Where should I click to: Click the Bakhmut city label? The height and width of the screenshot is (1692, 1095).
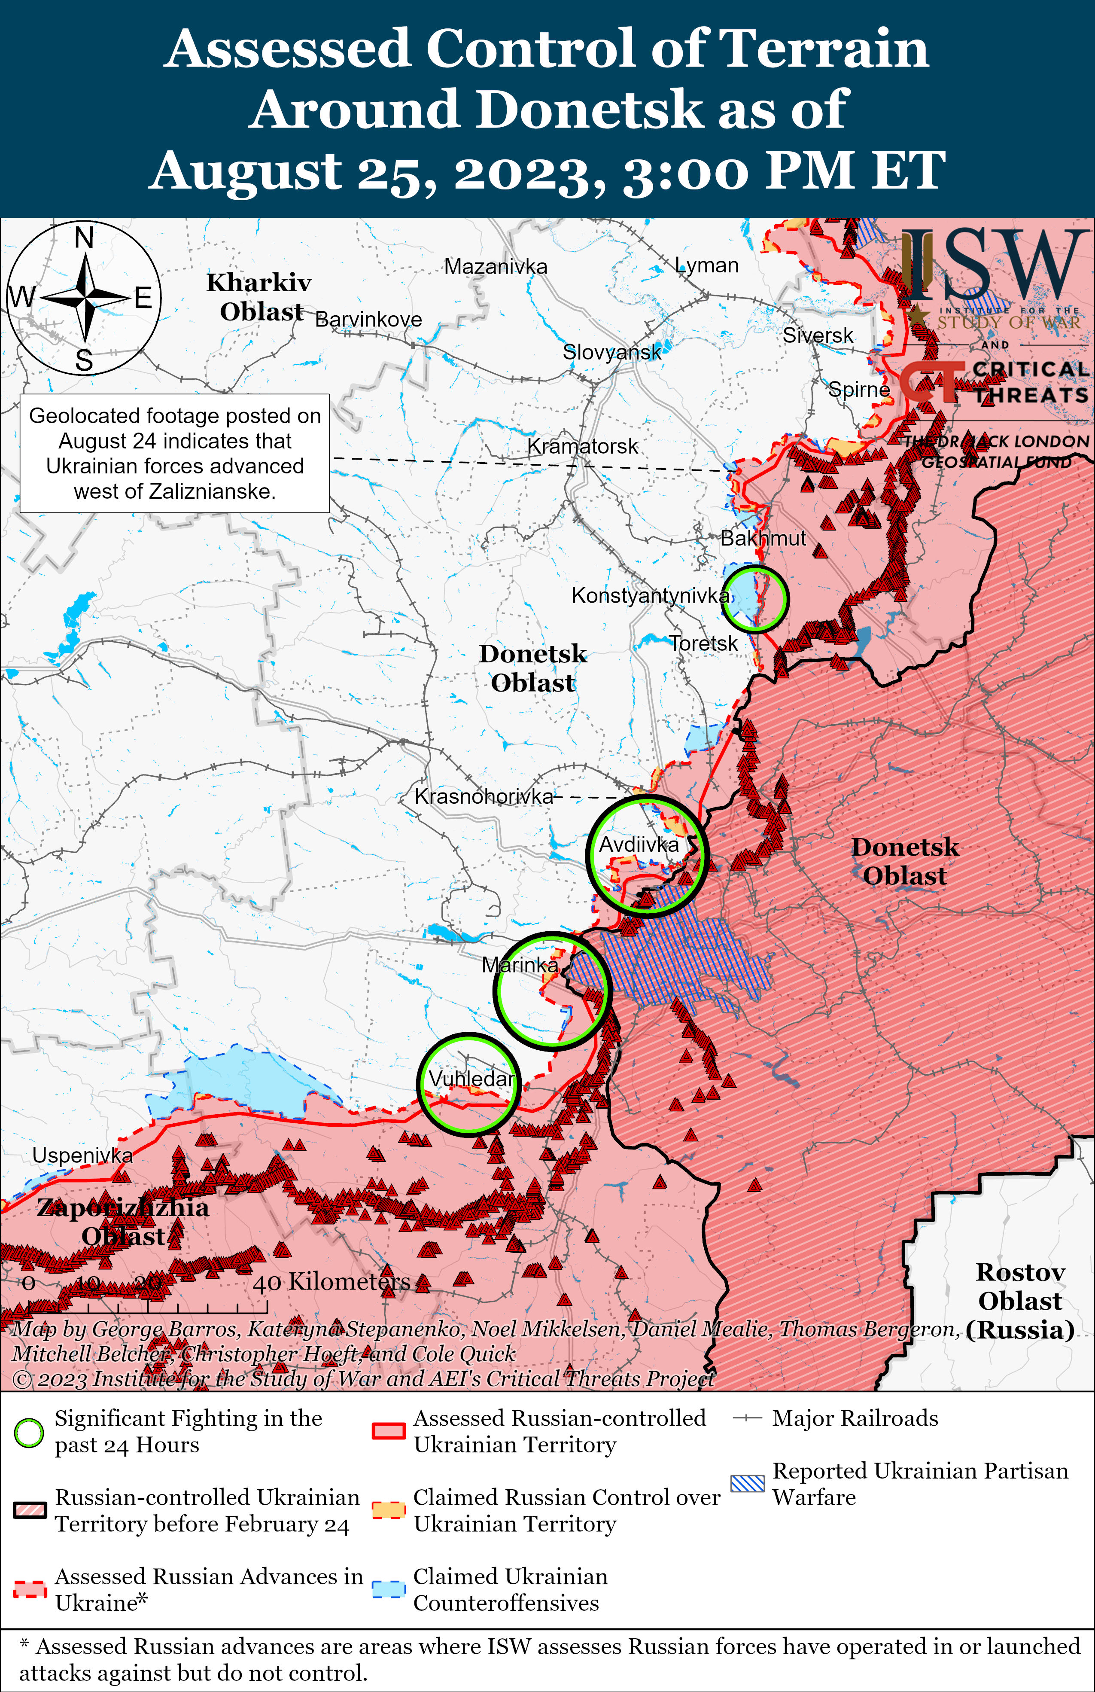(763, 538)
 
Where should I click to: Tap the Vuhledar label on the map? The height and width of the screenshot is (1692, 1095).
(471, 1079)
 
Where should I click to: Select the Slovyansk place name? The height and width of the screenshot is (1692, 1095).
(611, 352)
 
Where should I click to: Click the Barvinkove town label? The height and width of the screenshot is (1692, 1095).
(368, 320)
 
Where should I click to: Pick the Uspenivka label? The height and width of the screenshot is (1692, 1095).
(82, 1155)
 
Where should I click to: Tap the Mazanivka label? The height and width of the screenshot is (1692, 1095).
(495, 267)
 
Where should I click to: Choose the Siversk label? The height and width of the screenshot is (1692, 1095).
(818, 335)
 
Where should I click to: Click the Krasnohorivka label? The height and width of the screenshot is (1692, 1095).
(483, 796)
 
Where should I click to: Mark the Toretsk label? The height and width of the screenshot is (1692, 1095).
(703, 643)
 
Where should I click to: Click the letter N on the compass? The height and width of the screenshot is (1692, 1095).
(84, 238)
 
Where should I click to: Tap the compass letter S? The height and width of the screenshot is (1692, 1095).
(84, 361)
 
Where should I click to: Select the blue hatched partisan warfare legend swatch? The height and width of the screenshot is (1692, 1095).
(748, 1484)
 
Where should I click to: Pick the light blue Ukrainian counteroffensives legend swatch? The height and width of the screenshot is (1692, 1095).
(389, 1590)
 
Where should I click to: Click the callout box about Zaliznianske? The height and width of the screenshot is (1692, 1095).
(175, 454)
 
